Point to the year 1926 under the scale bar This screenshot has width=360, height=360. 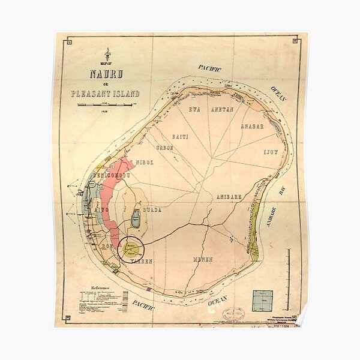pos(105,112)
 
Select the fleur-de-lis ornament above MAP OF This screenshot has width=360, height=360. pos(107,54)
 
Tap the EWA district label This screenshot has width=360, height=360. pos(194,110)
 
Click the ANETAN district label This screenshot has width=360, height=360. pos(221,110)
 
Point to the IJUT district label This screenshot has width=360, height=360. pos(271,152)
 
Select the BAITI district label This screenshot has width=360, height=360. pos(180,137)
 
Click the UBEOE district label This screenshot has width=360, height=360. pos(164,148)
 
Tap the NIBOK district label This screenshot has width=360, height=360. pos(145,162)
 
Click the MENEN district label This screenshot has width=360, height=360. pos(203,259)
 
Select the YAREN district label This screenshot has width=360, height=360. pos(142,262)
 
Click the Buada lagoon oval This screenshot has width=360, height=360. pos(136,218)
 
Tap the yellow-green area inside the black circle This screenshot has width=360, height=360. pos(131,248)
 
